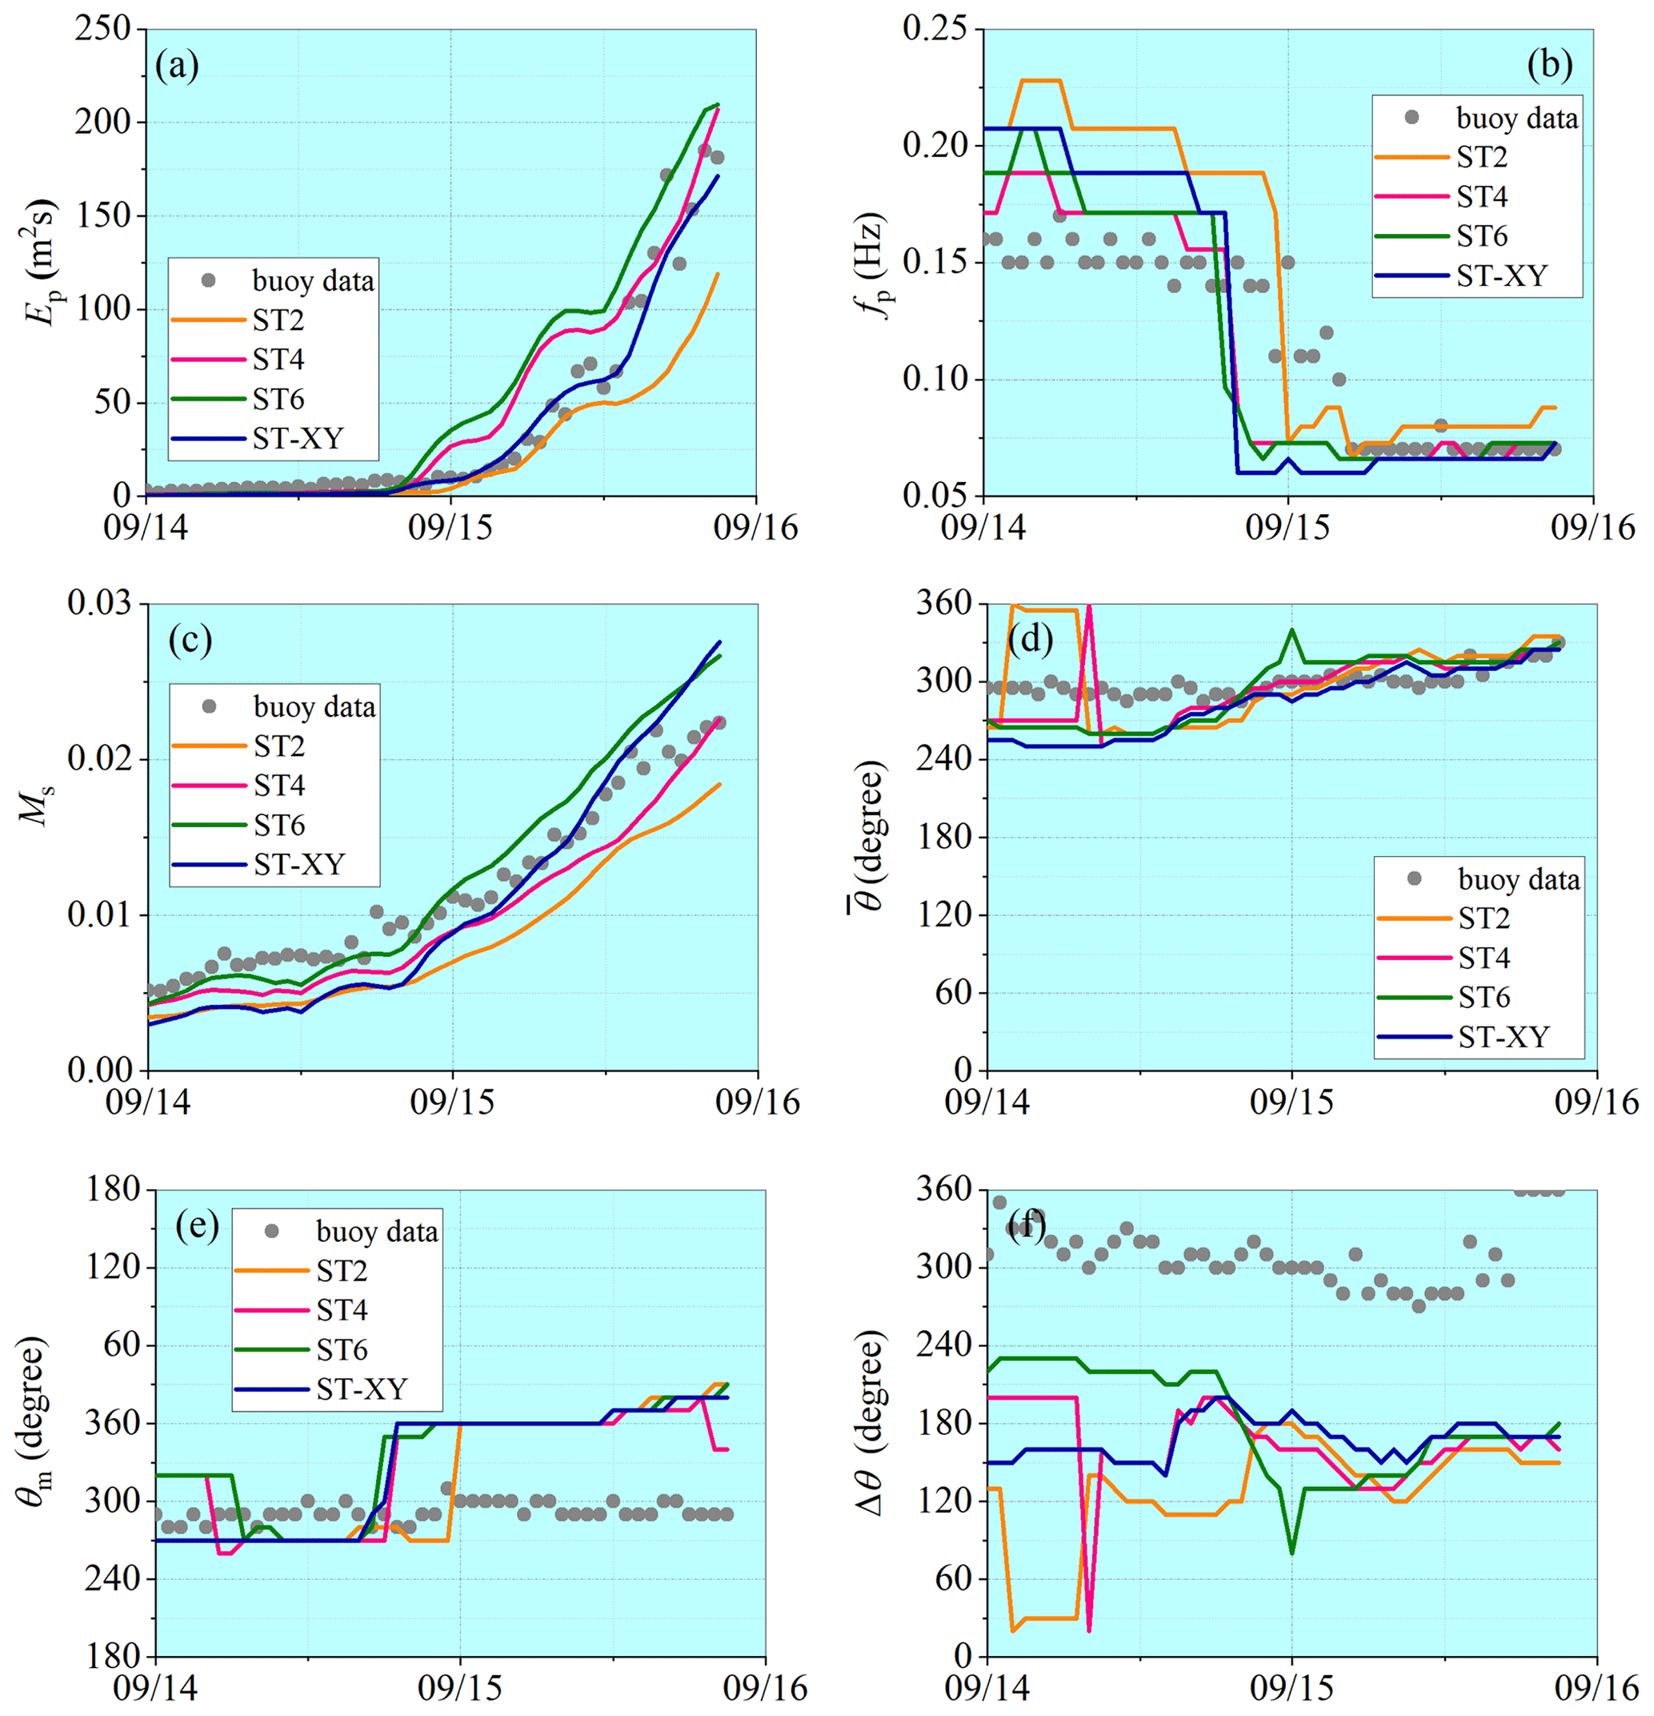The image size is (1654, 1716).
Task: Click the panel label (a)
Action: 177,66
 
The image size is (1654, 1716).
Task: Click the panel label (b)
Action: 1549,66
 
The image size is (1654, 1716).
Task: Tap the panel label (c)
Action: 190,640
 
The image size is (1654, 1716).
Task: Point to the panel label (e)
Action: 197,1226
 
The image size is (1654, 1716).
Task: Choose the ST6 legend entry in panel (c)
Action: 279,825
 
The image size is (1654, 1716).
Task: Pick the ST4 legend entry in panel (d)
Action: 1484,958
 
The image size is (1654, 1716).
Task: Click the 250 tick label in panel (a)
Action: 102,29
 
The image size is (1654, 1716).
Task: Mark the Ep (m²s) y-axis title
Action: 40,262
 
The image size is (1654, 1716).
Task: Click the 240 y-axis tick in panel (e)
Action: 113,1578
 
